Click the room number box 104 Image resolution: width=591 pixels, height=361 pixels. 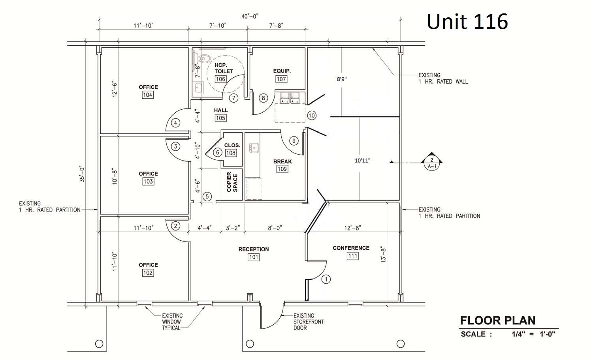click(148, 95)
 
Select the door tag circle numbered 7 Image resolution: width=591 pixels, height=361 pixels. click(233, 98)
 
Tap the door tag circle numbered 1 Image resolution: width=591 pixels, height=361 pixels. click(326, 279)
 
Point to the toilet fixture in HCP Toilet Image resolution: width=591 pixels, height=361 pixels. click(204, 59)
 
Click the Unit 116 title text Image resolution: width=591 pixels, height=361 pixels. click(467, 21)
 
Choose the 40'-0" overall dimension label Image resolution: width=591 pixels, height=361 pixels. click(250, 16)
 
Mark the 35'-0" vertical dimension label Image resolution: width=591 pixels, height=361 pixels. click(82, 174)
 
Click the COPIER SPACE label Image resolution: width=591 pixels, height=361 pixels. click(232, 183)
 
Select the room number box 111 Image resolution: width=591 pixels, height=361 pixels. click(352, 256)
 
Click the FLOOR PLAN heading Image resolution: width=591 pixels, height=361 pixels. click(498, 320)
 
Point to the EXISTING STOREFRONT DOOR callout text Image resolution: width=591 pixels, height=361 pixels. click(308, 322)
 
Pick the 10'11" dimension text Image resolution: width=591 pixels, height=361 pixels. click(362, 161)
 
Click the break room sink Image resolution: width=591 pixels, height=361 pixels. click(254, 148)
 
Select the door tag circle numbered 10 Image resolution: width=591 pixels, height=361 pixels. click(312, 116)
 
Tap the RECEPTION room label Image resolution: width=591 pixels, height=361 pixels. click(254, 249)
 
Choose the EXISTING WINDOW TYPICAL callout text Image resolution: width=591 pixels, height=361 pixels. click(172, 322)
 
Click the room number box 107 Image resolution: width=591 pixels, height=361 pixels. click(281, 79)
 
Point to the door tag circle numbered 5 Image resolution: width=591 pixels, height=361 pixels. click(207, 196)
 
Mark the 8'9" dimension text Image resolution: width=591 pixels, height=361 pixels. click(341, 79)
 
